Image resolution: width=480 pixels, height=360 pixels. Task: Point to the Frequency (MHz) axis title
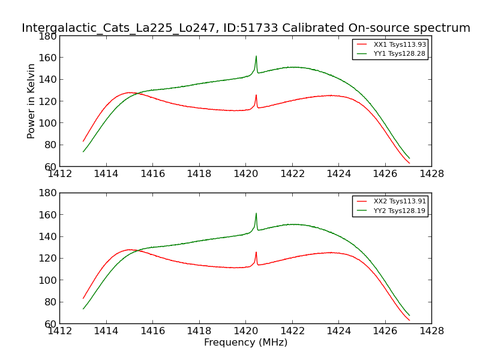tap(245, 343)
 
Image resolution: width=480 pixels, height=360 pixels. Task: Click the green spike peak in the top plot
tap(256, 56)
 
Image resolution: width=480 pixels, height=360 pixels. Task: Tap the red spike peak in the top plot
tap(256, 95)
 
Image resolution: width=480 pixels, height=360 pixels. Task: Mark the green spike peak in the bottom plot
tap(256, 213)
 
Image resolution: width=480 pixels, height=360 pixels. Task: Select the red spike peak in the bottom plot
tap(256, 252)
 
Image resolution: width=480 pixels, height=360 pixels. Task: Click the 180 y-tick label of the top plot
tap(49, 36)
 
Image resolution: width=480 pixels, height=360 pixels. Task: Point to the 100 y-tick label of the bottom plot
tap(49, 280)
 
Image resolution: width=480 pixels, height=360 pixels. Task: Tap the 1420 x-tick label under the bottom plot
tap(245, 331)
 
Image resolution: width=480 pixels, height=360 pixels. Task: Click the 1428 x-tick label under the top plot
tap(431, 173)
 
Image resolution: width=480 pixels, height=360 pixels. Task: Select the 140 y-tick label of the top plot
tap(49, 80)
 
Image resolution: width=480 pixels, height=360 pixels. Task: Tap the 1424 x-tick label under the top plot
tap(338, 173)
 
